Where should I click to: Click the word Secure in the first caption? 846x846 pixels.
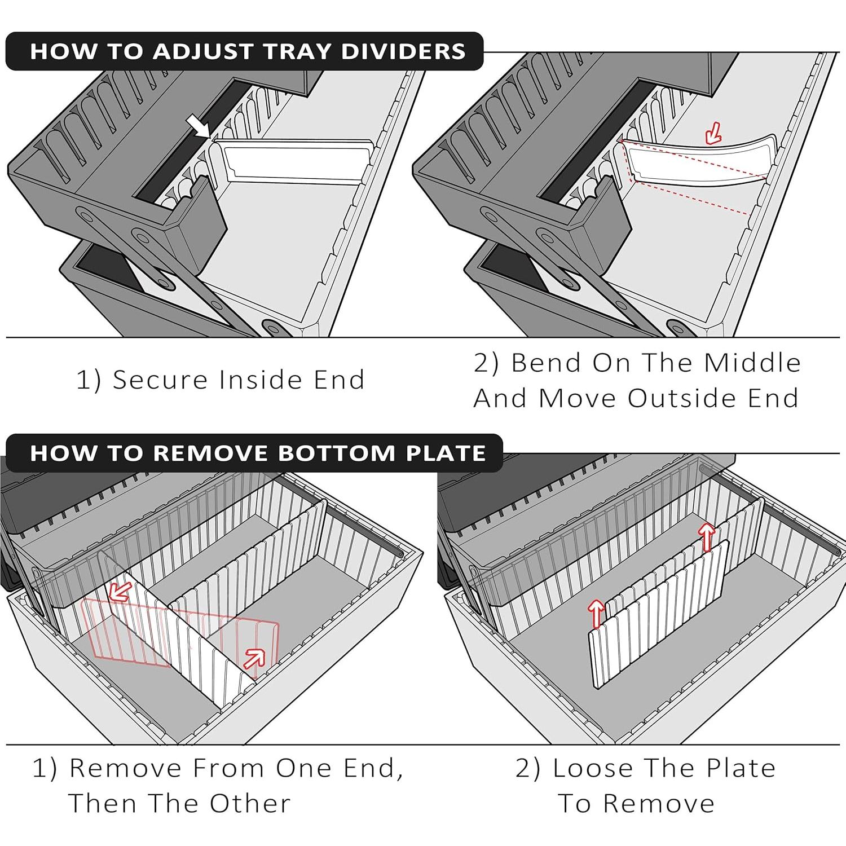pos(161,380)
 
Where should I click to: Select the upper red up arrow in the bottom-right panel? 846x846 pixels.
pos(705,536)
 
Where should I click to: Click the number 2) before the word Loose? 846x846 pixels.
pos(528,768)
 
